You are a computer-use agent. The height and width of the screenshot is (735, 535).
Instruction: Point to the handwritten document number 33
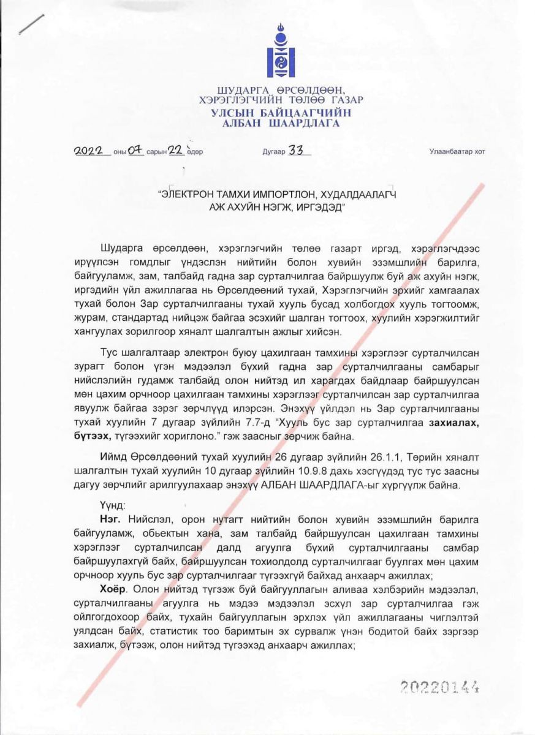(298, 151)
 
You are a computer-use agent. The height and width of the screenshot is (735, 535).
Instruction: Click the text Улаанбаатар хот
(457, 153)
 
